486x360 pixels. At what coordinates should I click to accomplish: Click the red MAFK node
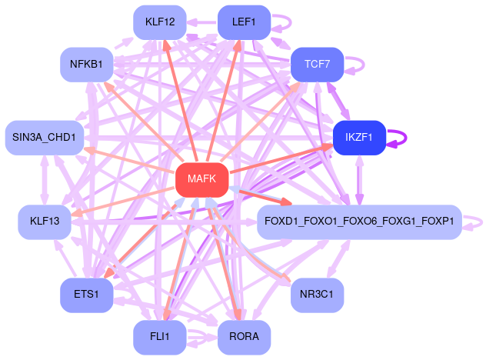(x=201, y=179)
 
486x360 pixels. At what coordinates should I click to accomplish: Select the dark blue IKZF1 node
(x=358, y=138)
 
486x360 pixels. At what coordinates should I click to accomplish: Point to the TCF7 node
(x=316, y=64)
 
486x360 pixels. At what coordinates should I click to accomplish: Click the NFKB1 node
(x=87, y=64)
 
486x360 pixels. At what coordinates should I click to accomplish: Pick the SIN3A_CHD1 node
(x=44, y=138)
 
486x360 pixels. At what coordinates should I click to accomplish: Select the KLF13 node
(x=45, y=222)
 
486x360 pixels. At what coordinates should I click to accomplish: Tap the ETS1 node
(x=87, y=295)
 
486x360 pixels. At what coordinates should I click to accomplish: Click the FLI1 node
(x=159, y=337)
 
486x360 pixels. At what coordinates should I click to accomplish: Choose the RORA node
(x=244, y=337)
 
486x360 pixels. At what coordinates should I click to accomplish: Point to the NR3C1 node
(x=316, y=295)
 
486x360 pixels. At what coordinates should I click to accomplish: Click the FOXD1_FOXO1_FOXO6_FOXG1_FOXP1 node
(x=358, y=222)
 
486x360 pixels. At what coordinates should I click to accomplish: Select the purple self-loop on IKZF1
(x=404, y=138)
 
